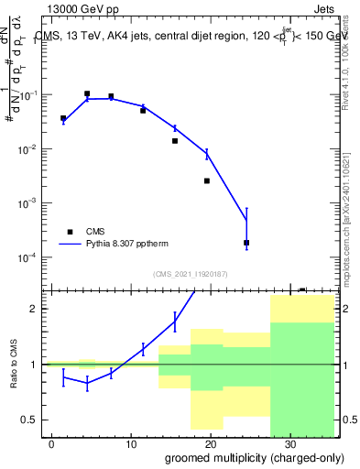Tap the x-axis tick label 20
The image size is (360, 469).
210,444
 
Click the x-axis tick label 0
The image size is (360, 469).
52,444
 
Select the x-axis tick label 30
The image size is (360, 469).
289,444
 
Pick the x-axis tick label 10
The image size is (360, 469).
131,444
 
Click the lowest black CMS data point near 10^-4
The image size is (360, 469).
246,243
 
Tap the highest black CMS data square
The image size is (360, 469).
87,93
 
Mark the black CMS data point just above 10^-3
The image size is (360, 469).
207,180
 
